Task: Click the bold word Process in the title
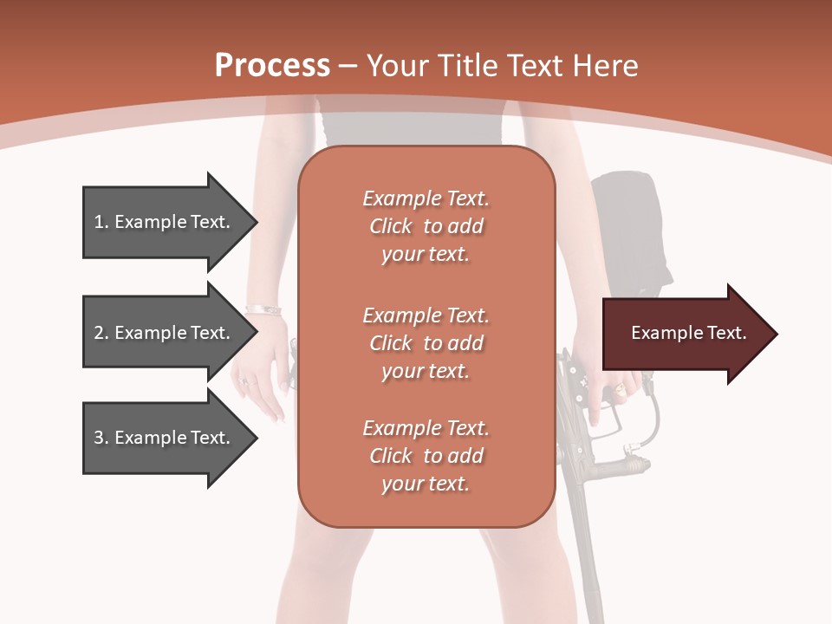point(272,66)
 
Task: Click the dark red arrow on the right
point(685,334)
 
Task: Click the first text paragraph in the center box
point(426,226)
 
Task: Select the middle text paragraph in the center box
point(426,343)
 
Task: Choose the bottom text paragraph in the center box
point(426,456)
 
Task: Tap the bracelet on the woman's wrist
point(263,309)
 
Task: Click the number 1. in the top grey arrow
point(101,222)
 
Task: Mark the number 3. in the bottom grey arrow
point(101,438)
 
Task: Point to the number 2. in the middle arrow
point(101,333)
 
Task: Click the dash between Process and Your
point(348,66)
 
